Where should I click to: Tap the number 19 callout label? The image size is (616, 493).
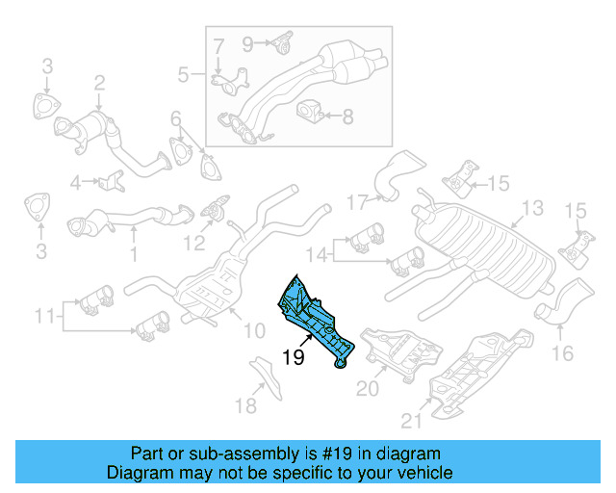click(x=295, y=357)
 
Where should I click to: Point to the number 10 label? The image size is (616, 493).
click(x=253, y=331)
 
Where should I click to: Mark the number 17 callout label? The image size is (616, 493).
click(x=357, y=202)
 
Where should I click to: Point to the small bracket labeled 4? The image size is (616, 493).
click(x=113, y=179)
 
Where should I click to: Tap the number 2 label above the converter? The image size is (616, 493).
click(x=98, y=86)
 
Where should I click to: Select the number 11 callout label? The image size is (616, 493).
click(x=44, y=315)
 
